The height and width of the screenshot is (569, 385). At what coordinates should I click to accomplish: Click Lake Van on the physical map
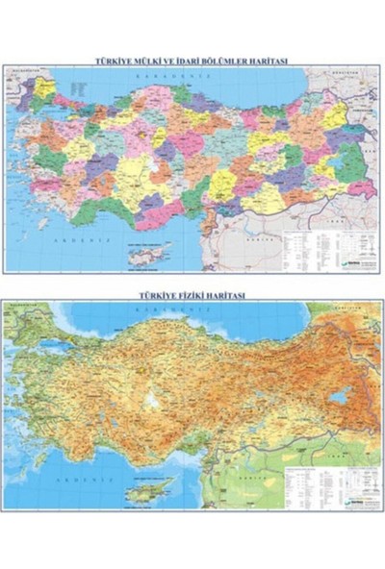[338, 395]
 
